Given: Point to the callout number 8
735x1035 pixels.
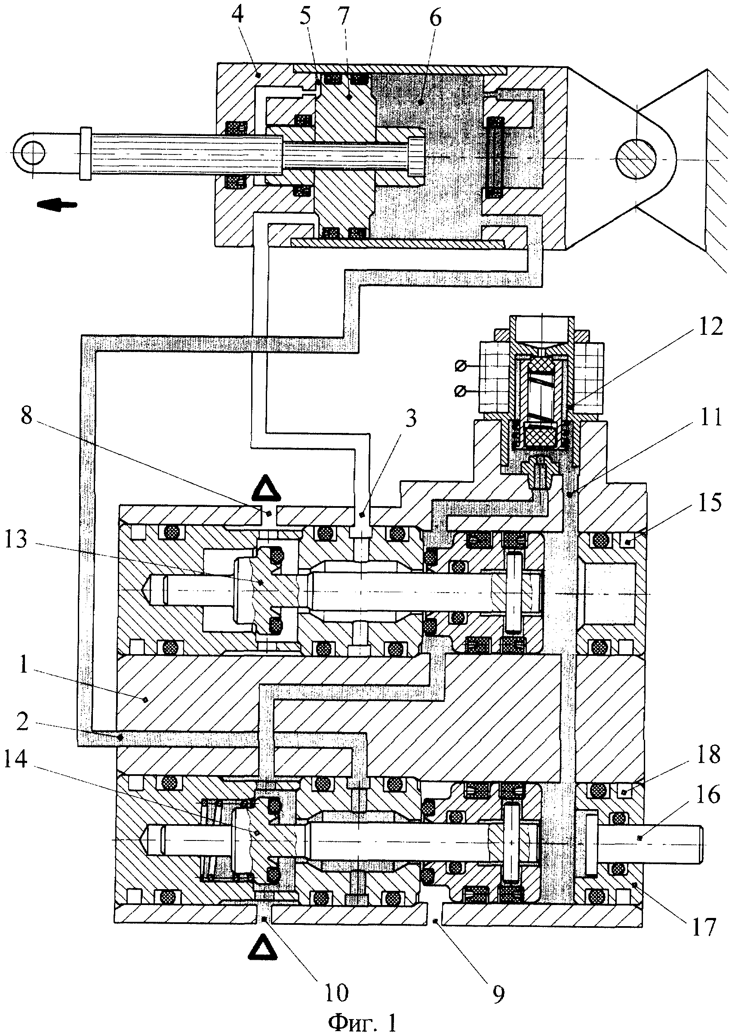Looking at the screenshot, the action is (26, 415).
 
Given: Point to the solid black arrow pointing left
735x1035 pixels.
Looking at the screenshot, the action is (57, 205).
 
